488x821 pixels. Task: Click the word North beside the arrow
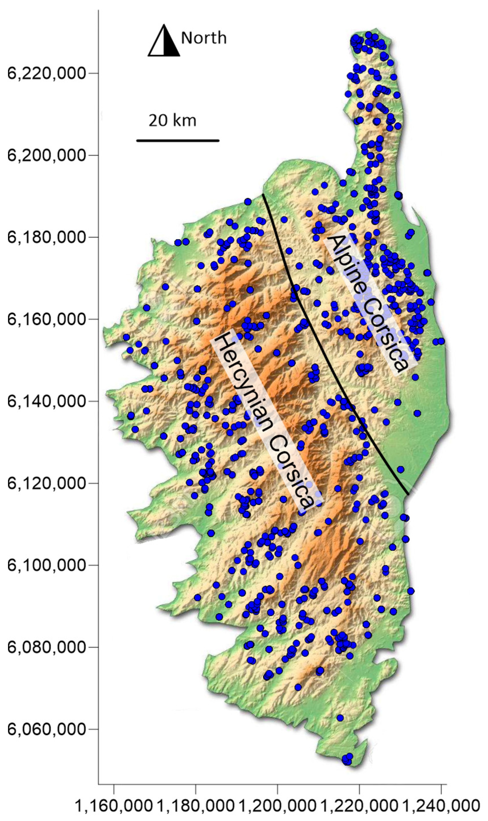point(204,38)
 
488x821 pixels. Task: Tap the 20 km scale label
point(172,121)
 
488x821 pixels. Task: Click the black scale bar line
point(178,141)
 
